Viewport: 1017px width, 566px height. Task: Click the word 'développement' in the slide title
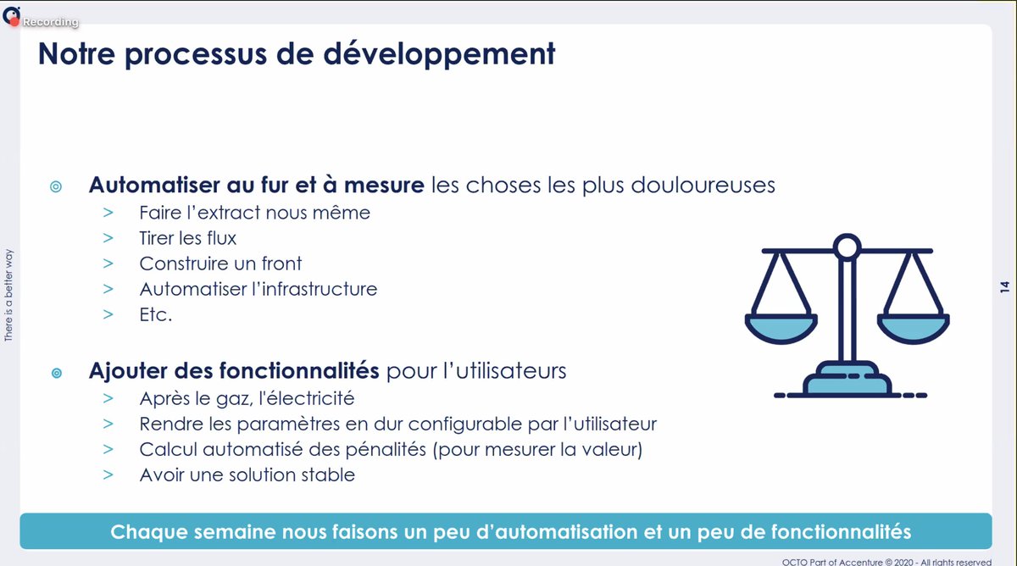click(453, 54)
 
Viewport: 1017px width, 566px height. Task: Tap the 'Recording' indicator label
click(50, 22)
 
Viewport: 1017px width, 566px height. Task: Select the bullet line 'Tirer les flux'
click(187, 238)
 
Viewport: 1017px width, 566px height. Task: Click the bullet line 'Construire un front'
click(220, 264)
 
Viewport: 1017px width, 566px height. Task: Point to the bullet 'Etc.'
click(155, 314)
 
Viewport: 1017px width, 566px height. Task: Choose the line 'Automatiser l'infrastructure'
click(258, 289)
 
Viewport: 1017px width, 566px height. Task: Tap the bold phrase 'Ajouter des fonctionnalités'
click(234, 371)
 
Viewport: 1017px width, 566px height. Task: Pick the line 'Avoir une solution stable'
click(247, 474)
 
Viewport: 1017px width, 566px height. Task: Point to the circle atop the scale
click(846, 247)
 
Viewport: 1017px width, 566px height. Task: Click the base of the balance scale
click(847, 384)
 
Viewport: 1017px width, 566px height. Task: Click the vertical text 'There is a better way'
click(9, 295)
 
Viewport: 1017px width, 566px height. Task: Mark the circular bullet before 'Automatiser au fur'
click(56, 186)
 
